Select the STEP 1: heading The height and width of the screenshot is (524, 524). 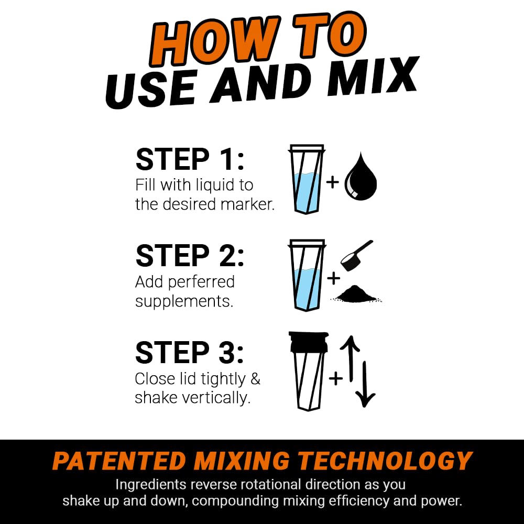point(190,160)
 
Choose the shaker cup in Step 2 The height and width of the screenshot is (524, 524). point(307,275)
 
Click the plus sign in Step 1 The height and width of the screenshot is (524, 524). point(333,182)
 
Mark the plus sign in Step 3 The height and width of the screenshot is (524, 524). point(336,377)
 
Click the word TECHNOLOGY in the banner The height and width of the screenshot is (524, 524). point(386,461)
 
